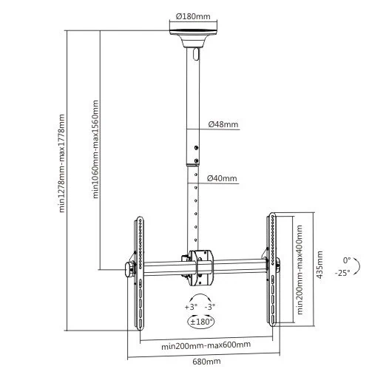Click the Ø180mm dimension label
click(x=193, y=16)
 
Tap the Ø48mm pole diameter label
click(x=223, y=124)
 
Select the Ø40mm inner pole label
click(x=222, y=178)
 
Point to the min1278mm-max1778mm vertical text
click(x=61, y=163)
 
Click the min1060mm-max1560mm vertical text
click(x=95, y=149)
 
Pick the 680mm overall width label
click(x=206, y=362)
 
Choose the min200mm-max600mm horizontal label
click(x=206, y=345)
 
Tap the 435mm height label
click(x=319, y=265)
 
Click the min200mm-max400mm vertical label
click(x=299, y=270)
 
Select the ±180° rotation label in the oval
click(x=201, y=322)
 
